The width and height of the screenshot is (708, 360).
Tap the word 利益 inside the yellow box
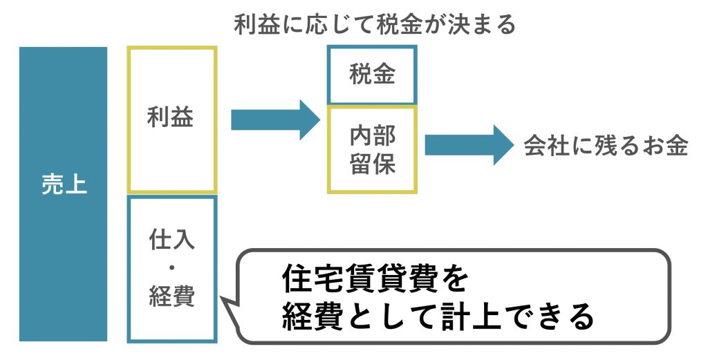(x=171, y=117)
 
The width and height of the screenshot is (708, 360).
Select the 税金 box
(x=372, y=75)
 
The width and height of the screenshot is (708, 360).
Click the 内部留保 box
(x=372, y=149)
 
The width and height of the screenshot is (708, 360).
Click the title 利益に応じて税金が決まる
(x=375, y=25)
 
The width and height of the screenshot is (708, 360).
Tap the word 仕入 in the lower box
(x=171, y=240)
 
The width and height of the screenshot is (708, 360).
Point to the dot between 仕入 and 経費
(x=171, y=268)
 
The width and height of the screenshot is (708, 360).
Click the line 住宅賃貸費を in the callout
(x=375, y=280)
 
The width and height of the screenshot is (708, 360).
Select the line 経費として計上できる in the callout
(x=438, y=317)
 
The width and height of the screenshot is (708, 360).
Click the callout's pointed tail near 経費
(x=226, y=299)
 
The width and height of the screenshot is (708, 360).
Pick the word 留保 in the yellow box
(x=372, y=165)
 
